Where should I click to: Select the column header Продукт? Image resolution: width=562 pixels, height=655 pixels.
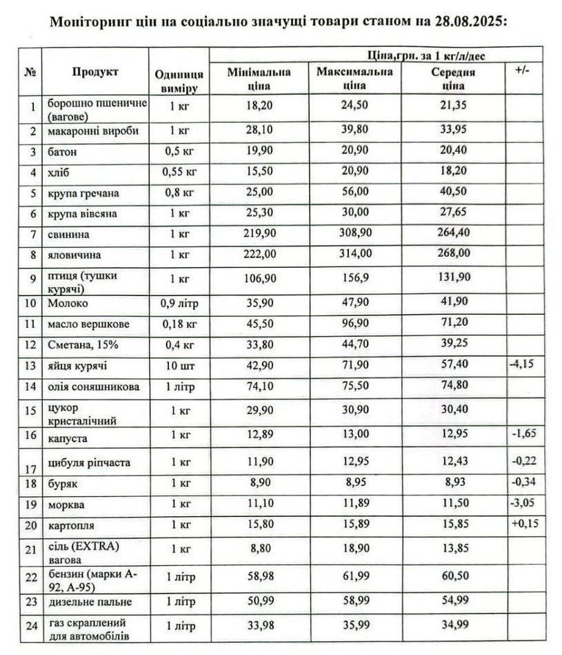point(94,72)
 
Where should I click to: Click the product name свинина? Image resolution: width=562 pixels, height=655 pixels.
point(68,233)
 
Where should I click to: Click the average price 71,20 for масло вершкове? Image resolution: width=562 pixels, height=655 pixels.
point(452,322)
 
